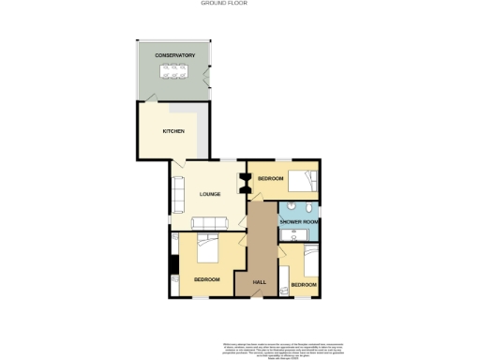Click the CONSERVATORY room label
(175, 55)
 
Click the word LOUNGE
(210, 195)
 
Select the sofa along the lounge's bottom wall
(209, 223)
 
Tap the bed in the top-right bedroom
(303, 181)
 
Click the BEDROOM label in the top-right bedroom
(271, 178)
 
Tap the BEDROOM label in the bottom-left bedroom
(206, 279)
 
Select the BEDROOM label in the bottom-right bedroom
(303, 284)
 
